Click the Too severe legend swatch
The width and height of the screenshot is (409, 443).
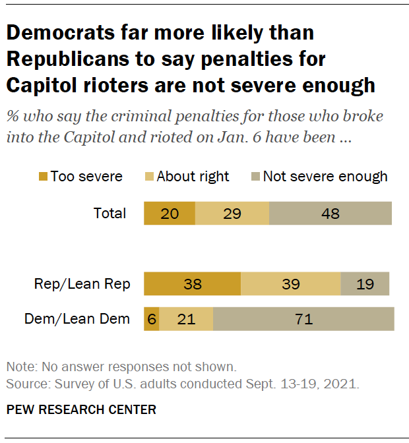(44, 176)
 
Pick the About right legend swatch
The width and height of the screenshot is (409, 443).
(149, 176)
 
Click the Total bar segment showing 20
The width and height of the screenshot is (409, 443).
(170, 214)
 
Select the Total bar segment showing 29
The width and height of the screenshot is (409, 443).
(232, 214)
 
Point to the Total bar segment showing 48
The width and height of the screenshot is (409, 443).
(330, 214)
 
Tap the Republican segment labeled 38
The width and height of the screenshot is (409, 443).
(192, 284)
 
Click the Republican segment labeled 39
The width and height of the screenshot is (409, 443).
(290, 284)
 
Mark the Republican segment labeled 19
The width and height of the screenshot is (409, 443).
(365, 284)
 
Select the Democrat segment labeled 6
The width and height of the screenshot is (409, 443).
(152, 319)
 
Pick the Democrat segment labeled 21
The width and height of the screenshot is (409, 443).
(186, 319)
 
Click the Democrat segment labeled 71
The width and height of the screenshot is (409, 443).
(303, 319)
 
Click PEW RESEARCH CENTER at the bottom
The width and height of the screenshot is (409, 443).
(81, 409)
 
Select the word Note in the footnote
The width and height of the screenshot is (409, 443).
(19, 367)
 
